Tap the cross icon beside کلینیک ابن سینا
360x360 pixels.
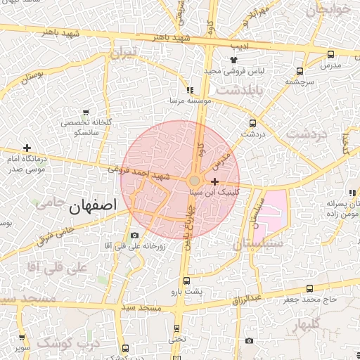(214, 181)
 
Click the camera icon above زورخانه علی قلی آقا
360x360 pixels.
(134, 235)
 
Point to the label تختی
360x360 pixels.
(176, 339)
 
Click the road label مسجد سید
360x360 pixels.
(141, 308)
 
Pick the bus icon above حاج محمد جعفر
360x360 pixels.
(310, 288)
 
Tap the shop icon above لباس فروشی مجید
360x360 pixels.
(234, 60)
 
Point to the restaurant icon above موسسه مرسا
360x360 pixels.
(190, 90)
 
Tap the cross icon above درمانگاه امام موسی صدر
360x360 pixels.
(27, 148)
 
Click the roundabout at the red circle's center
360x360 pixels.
(194, 180)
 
